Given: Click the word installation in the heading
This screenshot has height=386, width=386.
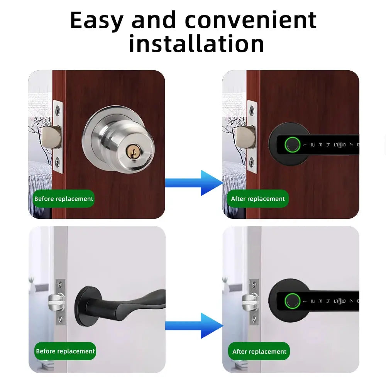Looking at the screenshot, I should click(x=196, y=44).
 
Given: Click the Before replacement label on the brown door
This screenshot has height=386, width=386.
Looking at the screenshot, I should click(x=64, y=199).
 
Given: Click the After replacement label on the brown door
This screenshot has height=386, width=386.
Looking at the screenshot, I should click(x=258, y=199).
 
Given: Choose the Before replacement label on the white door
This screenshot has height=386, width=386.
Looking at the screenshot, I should click(x=65, y=351).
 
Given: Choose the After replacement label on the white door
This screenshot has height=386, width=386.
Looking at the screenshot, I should click(x=259, y=352).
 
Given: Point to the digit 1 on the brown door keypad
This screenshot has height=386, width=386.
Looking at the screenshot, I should click(x=305, y=146).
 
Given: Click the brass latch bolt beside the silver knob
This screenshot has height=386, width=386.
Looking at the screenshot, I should click(x=52, y=137).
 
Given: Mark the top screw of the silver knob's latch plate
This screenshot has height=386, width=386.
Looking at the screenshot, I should click(x=57, y=110).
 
